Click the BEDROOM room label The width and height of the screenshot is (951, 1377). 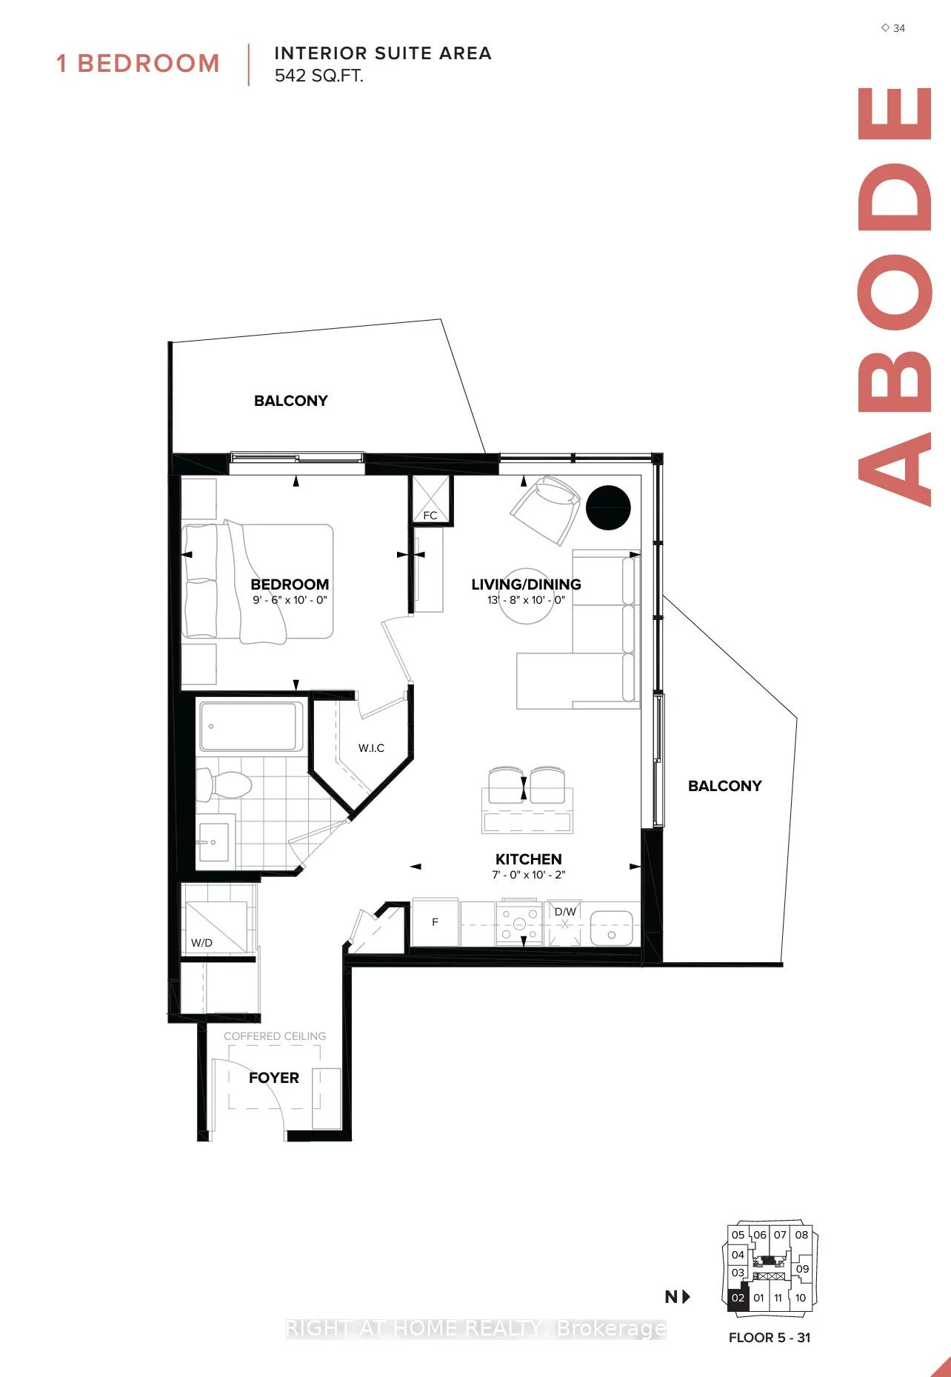coord(290,584)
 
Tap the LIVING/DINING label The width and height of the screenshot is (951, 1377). coord(526,584)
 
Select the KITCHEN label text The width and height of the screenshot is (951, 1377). coord(528,859)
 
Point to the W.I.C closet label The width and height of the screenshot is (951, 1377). coord(371,748)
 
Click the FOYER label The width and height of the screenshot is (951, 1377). coord(274,1078)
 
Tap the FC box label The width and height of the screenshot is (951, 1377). coord(430,516)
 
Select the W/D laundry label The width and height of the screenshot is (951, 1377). coord(201,943)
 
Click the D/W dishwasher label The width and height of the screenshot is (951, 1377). coord(565,912)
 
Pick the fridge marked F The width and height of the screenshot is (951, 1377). coord(435,922)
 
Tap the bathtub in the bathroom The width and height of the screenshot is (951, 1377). coord(250,726)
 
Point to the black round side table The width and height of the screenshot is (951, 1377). coord(608,508)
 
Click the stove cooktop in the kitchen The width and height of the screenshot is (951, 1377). coord(519,924)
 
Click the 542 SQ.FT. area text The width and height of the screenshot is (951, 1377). coord(318,76)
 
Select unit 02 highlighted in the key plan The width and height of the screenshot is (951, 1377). coord(738,1298)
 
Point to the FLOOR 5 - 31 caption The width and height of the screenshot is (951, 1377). coord(770,1338)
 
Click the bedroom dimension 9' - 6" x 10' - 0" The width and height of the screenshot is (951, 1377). coord(290,600)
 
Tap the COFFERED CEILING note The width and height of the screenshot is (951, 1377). coord(275,1036)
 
